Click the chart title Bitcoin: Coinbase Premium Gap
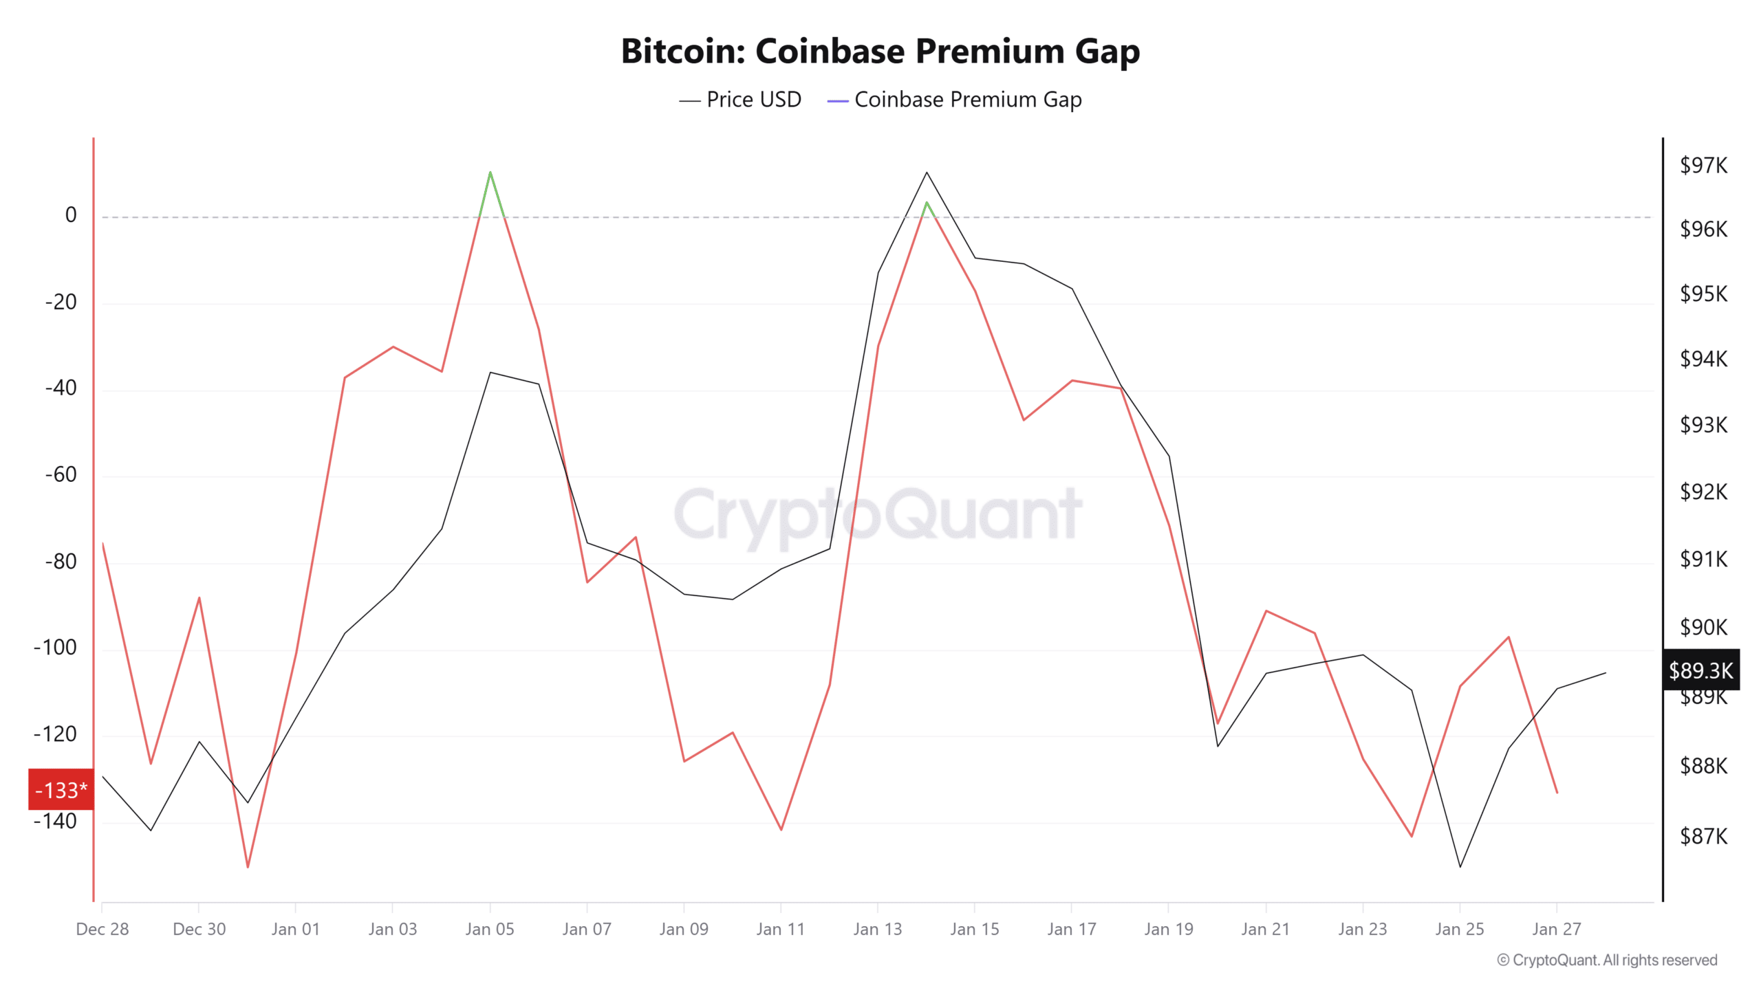880,51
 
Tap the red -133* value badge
61,790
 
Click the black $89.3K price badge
1700,670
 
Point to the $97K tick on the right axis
1703,165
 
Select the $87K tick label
1703,836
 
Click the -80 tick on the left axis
61,561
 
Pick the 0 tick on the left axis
71,215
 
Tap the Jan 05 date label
489,929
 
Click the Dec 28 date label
102,929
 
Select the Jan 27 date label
1556,929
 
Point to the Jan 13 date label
877,929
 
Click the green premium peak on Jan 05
490,173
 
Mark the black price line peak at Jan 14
927,173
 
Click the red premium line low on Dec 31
248,866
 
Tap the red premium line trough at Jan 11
781,829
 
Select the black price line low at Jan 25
1460,866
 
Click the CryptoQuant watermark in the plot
878,514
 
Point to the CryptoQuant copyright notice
1607,960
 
